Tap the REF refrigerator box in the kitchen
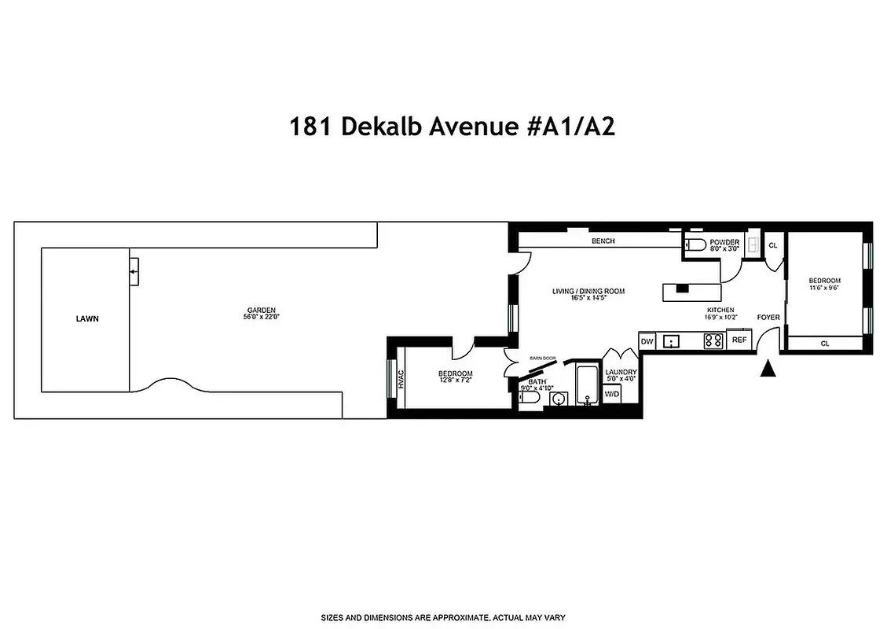[739, 340]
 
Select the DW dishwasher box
[647, 341]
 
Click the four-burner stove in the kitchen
[713, 340]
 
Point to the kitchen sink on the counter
[673, 341]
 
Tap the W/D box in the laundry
[611, 394]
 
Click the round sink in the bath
[559, 399]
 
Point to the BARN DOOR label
[542, 359]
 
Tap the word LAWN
[87, 319]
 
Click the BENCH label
[603, 241]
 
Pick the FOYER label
[768, 318]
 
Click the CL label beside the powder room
[772, 245]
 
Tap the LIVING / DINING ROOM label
[588, 292]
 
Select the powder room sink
[752, 243]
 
